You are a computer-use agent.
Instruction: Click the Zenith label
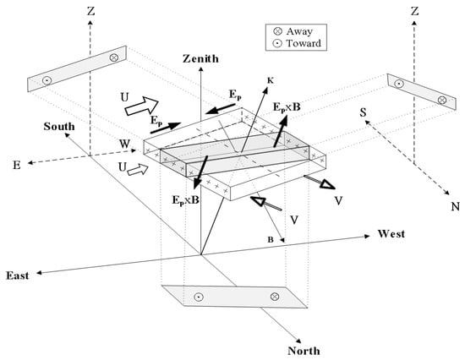tap(200, 58)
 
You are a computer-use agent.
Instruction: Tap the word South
tap(59, 127)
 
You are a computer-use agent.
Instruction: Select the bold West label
tap(391, 234)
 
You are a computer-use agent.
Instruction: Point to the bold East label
tap(18, 275)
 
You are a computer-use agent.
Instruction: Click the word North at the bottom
tap(304, 351)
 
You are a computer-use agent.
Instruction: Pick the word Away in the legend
tap(299, 31)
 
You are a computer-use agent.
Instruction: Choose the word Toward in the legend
tap(304, 44)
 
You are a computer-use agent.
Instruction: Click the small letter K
tap(271, 80)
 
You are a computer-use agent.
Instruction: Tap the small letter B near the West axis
tap(271, 240)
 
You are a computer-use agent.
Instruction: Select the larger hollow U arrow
tap(142, 106)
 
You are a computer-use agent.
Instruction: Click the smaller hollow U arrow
tap(138, 170)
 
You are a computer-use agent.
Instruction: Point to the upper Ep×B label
tap(287, 106)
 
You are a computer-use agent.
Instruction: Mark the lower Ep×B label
tap(186, 200)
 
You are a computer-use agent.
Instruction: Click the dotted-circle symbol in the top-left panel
tap(46, 80)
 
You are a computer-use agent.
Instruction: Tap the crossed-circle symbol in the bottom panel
tap(275, 297)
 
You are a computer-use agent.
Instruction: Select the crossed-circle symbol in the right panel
tap(442, 100)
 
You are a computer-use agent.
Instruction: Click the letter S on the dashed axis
tap(363, 112)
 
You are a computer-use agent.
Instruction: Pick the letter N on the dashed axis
tap(456, 206)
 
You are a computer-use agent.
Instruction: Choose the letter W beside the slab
tap(125, 145)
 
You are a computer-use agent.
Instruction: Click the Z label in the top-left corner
tap(90, 11)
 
